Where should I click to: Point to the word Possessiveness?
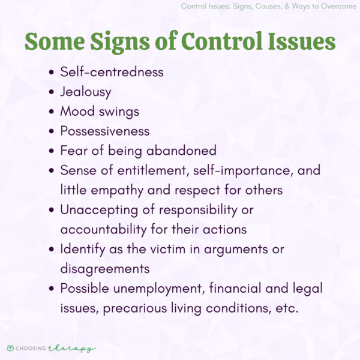[105, 130]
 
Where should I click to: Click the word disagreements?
[104, 268]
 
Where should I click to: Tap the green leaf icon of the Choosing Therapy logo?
[11, 348]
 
